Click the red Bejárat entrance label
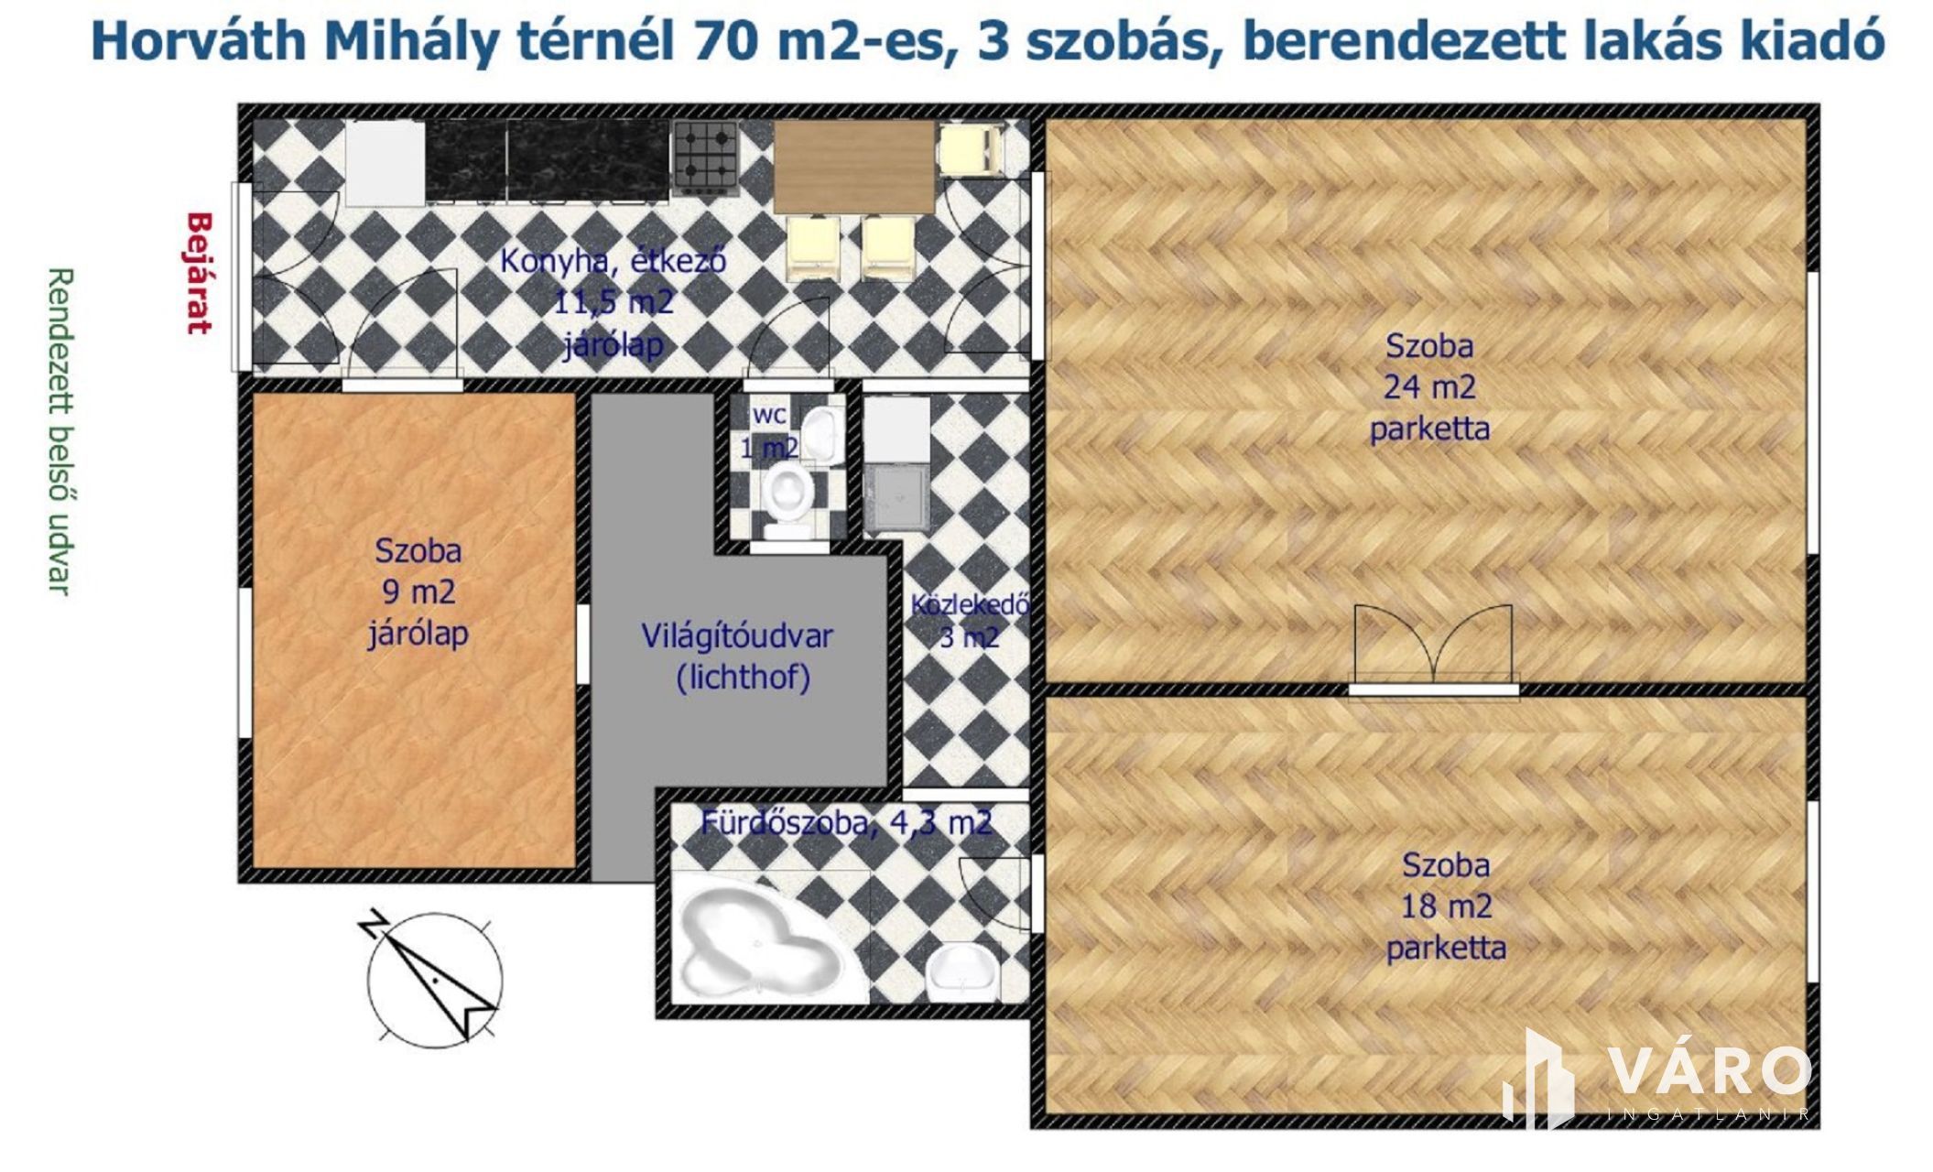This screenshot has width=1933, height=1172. tap(200, 274)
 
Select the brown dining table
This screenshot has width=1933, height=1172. tap(853, 168)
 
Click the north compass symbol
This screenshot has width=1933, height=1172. tap(433, 977)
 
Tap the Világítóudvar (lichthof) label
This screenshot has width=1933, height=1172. tap(737, 657)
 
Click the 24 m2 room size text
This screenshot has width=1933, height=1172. tap(1429, 387)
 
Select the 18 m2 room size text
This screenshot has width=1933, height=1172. tap(1447, 906)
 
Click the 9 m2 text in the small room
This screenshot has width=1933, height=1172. tap(418, 591)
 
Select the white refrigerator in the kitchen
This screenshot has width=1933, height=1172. tap(386, 163)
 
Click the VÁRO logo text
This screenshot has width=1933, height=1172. tap(1709, 1070)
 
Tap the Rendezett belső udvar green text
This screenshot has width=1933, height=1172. tap(60, 431)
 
